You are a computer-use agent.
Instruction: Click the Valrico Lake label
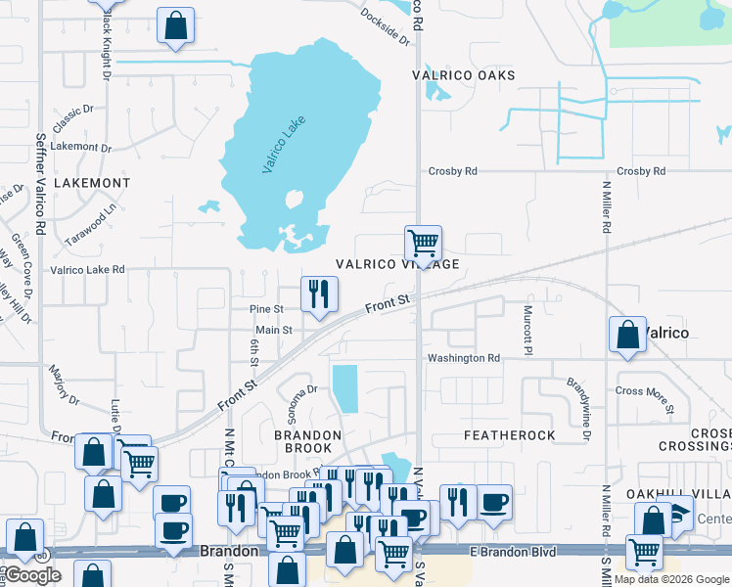tap(284, 145)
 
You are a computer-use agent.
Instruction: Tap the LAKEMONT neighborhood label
tap(91, 183)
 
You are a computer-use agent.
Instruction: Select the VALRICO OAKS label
tap(464, 75)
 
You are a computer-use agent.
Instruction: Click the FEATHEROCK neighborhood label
tap(509, 434)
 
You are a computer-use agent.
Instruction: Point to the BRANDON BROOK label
tap(307, 442)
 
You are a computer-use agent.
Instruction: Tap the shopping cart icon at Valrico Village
tap(423, 243)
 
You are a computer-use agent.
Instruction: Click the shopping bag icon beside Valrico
tap(627, 335)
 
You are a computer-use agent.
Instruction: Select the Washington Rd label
tap(464, 358)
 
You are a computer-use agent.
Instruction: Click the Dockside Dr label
tap(385, 26)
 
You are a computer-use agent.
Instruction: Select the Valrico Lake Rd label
tap(87, 269)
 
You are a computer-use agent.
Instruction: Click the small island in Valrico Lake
tap(293, 201)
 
